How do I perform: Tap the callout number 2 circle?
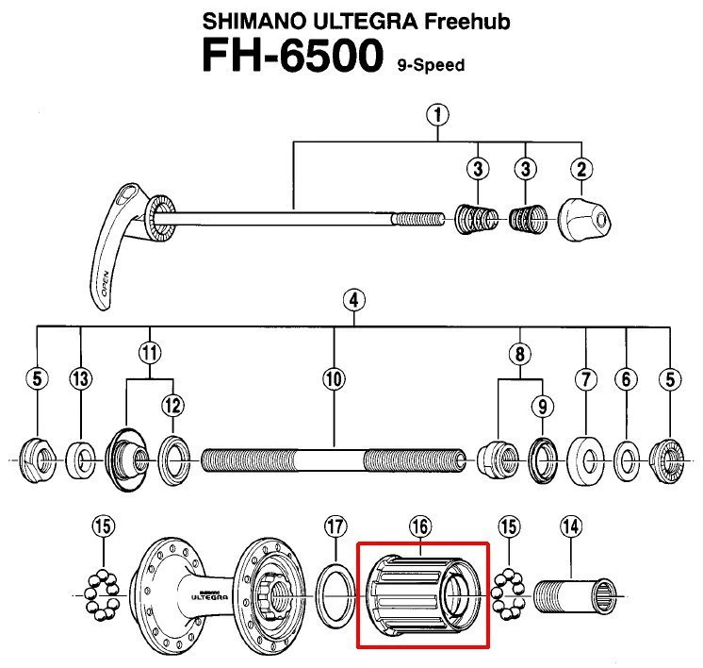(580, 169)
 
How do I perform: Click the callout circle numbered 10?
(334, 379)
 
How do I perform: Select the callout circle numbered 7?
(586, 379)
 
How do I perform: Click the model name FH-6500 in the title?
(292, 59)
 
